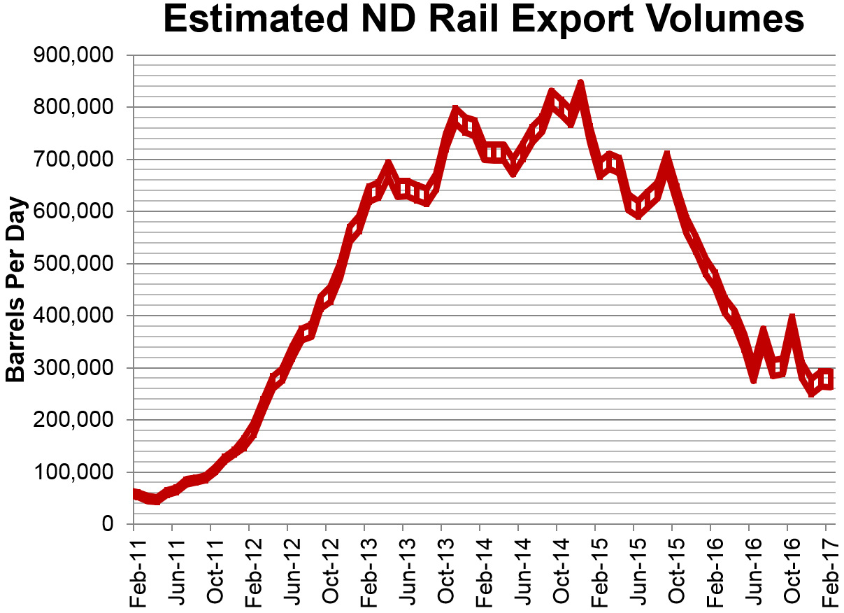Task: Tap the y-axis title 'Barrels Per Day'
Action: tap(15, 290)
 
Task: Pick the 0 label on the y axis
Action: tap(108, 524)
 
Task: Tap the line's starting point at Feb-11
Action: tap(134, 494)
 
